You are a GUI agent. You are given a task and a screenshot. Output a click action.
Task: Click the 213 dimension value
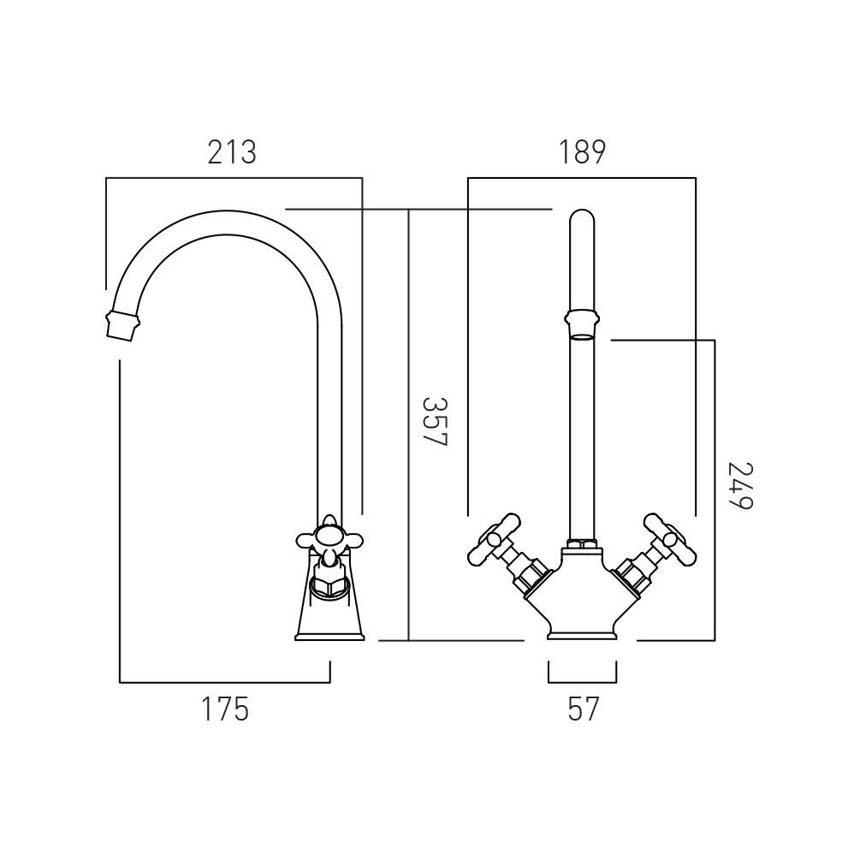[232, 152]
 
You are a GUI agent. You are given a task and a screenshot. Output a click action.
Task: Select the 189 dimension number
[583, 152]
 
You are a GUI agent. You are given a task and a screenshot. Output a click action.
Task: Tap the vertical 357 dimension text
[436, 421]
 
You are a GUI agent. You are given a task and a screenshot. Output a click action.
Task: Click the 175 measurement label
[225, 709]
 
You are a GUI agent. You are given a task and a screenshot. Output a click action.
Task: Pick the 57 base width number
[583, 709]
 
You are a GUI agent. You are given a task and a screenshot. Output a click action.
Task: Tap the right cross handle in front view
[667, 537]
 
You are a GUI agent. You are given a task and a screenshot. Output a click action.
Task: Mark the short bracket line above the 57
[582, 682]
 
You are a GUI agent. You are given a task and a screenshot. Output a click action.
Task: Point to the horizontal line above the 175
[224, 682]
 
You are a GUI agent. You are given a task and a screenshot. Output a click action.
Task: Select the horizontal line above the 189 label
[582, 178]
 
